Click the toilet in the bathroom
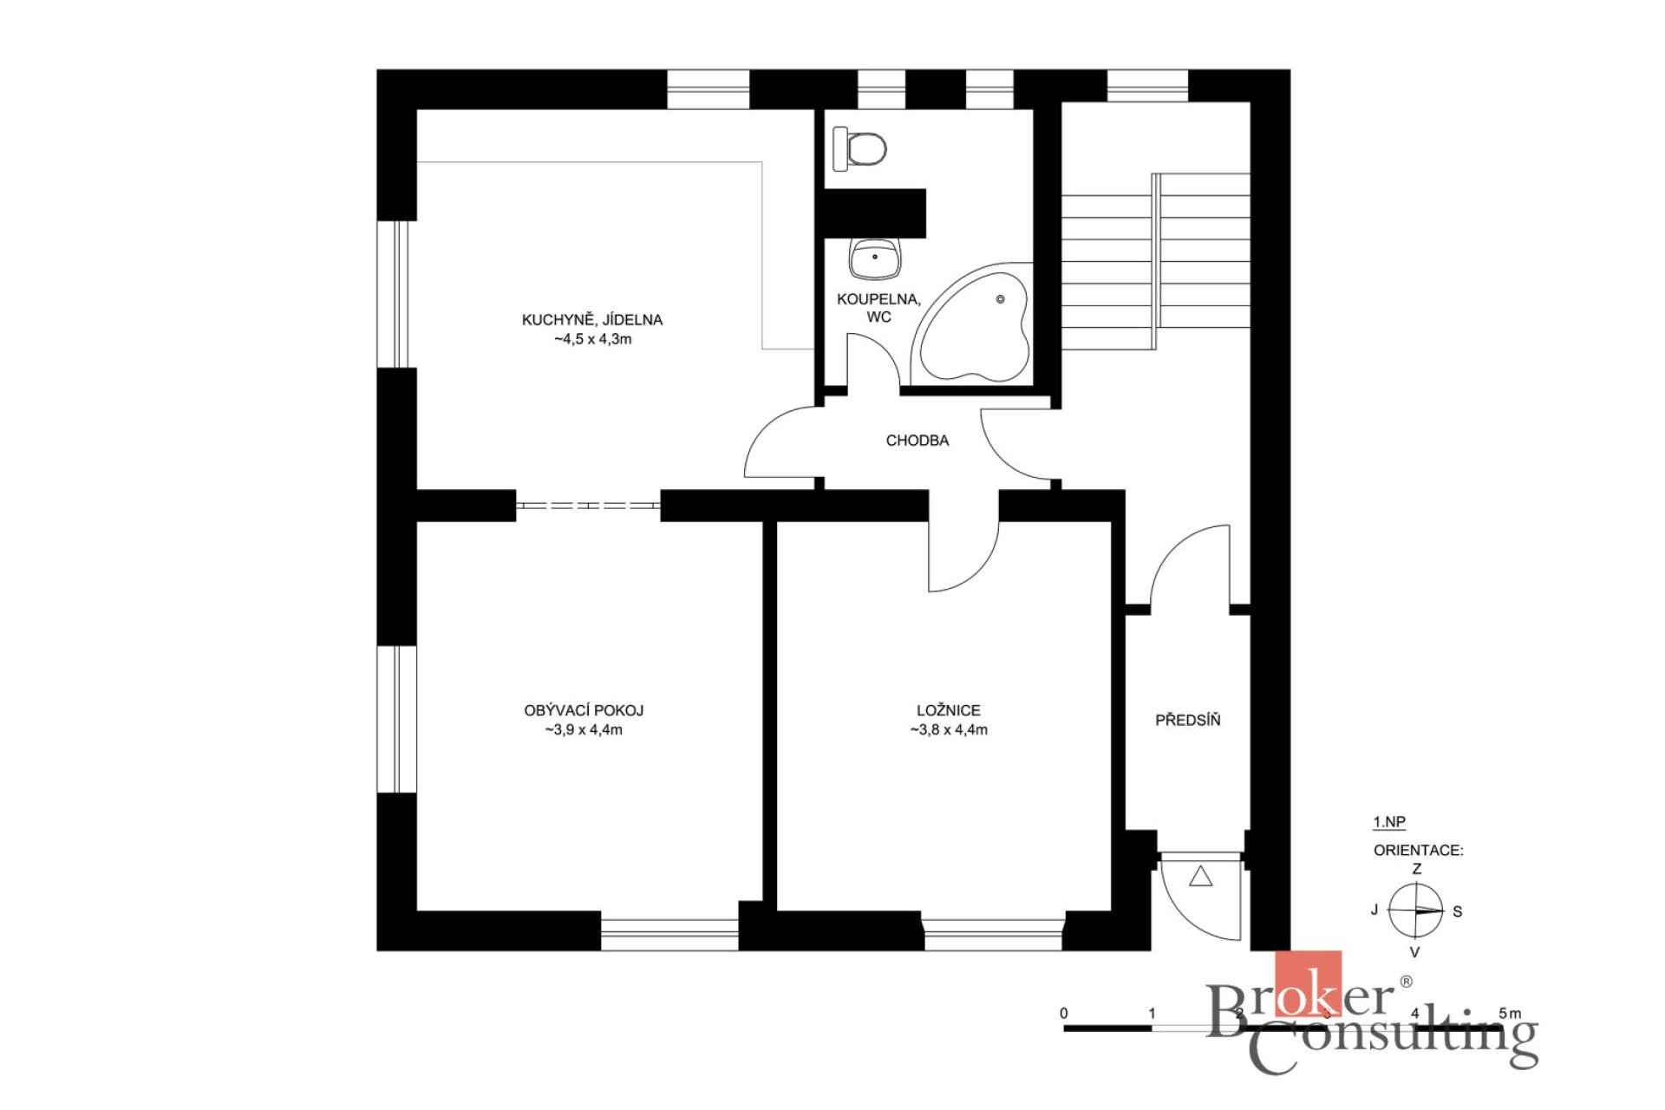coord(859,148)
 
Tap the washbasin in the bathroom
coord(875,259)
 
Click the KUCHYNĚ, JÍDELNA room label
coord(592,320)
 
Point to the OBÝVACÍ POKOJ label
coord(584,710)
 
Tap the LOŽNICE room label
coord(949,710)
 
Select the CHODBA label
coord(917,441)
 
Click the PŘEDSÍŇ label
coord(1188,720)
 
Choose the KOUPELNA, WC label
coord(878,308)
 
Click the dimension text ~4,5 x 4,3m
coord(593,339)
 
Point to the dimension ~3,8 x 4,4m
coord(949,730)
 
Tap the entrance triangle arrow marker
coord(1200,877)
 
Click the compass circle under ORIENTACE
coord(1416,911)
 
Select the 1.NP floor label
coord(1389,822)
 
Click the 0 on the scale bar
coord(1064,1013)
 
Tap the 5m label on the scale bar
coord(1510,1013)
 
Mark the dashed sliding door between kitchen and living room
coord(588,506)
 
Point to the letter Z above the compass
coord(1417,869)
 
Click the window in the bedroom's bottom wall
coord(994,935)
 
